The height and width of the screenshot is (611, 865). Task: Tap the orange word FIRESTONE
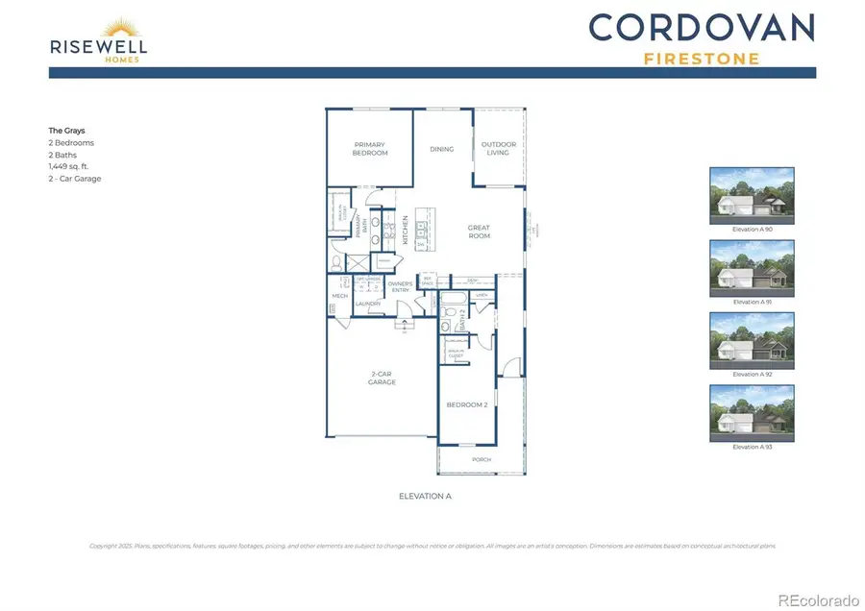[701, 59]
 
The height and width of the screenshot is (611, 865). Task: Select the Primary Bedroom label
[369, 149]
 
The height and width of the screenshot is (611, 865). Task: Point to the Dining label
[441, 149]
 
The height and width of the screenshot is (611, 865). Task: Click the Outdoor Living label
[499, 149]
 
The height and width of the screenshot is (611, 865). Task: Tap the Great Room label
[479, 232]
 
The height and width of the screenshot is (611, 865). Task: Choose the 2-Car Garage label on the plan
[383, 379]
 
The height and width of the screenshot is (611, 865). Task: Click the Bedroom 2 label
[467, 404]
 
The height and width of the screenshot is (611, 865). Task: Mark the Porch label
[481, 459]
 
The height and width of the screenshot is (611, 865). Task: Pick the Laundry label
[368, 305]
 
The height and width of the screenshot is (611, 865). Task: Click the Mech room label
[339, 296]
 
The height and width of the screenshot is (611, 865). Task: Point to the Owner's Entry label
[400, 285]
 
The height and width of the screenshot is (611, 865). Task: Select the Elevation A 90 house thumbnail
[752, 195]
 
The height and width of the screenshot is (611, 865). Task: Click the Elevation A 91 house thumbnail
[752, 268]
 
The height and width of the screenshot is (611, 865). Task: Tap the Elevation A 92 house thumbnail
[752, 340]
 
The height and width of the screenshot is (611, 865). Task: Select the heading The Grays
[67, 130]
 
